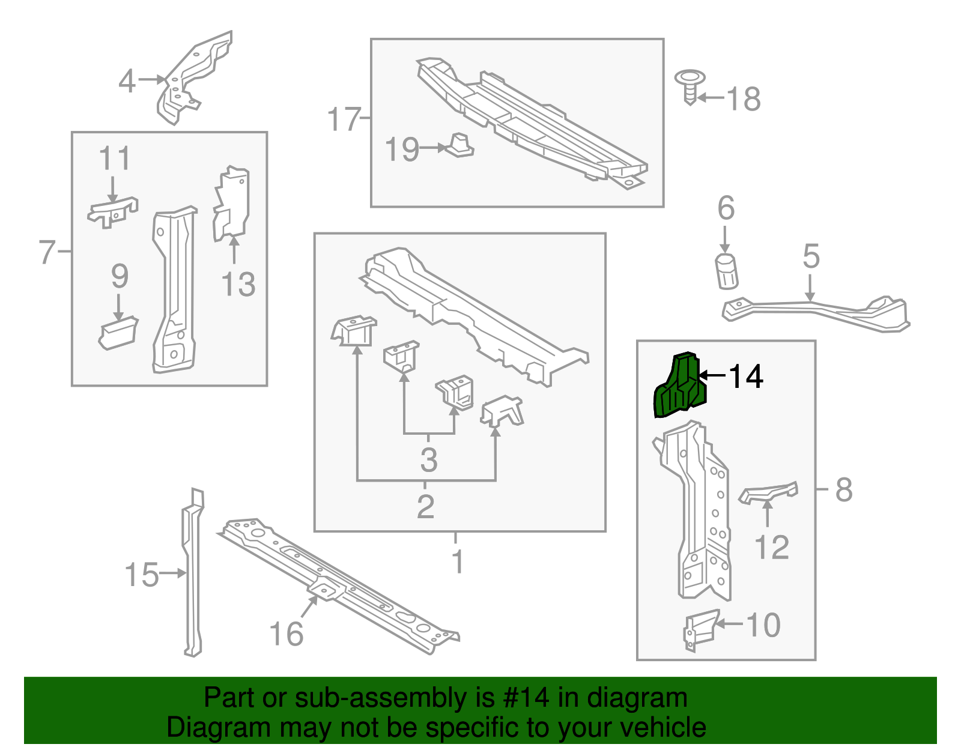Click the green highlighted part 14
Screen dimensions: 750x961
(679, 387)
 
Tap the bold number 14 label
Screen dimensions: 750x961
(745, 377)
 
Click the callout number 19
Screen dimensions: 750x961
(402, 149)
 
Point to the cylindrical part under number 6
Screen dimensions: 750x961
(726, 271)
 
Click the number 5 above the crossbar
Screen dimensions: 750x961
(811, 257)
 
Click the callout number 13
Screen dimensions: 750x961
(238, 284)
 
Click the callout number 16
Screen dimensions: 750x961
(286, 634)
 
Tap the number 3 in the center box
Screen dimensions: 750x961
(428, 460)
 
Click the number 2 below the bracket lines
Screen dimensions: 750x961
(425, 507)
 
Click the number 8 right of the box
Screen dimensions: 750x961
(843, 490)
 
